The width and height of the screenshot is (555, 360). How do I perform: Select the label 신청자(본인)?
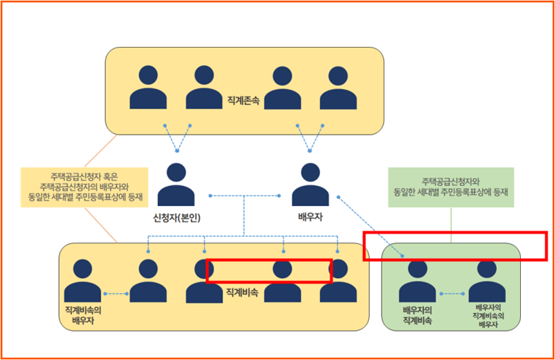176,218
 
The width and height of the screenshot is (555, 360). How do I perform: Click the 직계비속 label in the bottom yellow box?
243,294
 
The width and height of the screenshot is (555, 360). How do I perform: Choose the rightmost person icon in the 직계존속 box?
339,88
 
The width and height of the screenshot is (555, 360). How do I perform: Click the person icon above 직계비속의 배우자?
82,281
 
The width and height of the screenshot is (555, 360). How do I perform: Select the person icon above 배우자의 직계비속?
417,281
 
